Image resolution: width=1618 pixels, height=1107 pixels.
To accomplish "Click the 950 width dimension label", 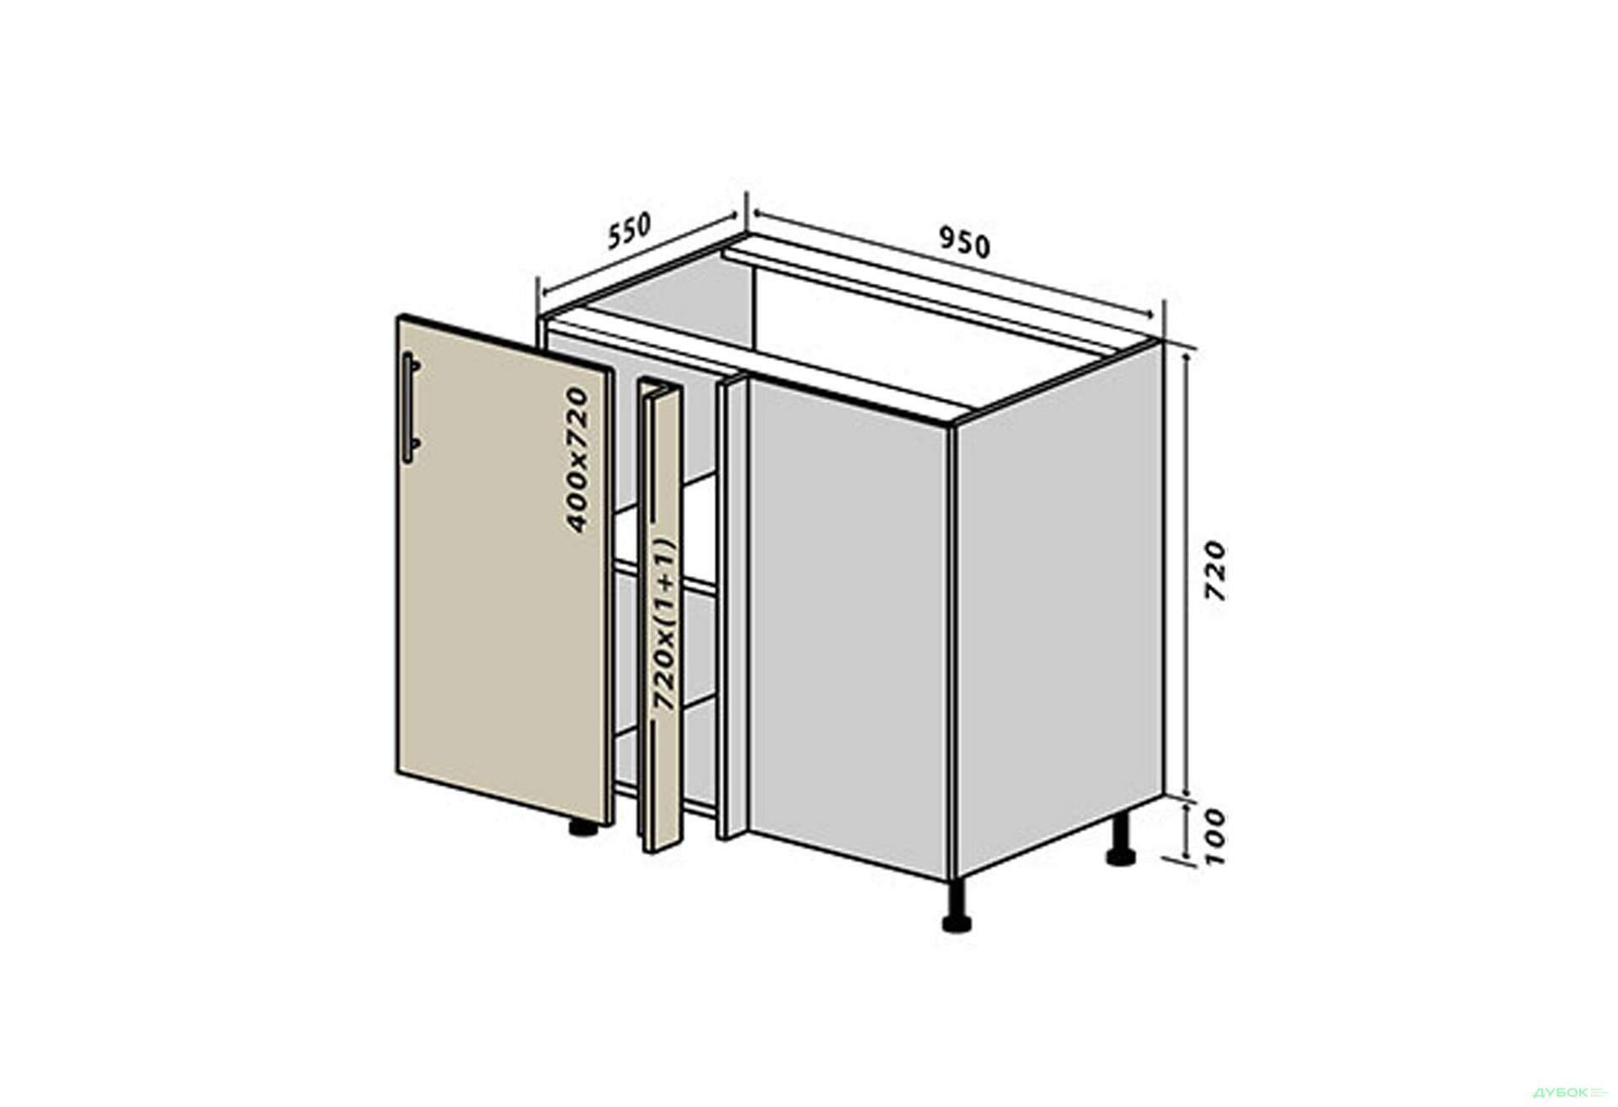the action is (x=965, y=243).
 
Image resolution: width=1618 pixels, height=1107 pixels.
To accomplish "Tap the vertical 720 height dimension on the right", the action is (x=1214, y=570).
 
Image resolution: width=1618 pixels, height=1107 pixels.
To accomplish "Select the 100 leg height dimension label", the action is (x=1214, y=837).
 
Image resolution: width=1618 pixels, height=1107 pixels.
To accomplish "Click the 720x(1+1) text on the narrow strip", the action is (x=665, y=624).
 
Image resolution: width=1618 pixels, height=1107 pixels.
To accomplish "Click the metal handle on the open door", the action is (x=410, y=408).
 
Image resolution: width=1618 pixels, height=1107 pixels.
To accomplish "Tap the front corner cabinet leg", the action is (x=956, y=906).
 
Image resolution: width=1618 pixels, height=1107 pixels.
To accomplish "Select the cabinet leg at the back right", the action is (x=1120, y=840).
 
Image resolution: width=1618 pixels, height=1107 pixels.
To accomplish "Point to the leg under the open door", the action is (x=582, y=827).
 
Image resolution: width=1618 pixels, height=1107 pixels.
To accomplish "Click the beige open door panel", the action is (x=503, y=570).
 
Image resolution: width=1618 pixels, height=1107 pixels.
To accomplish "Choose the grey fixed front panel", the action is (x=848, y=628).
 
